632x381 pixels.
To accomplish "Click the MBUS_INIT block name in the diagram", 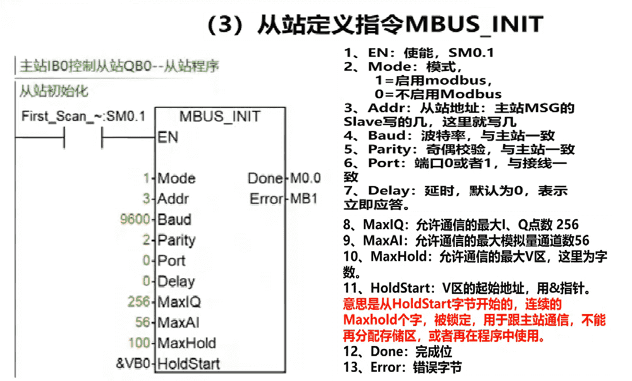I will tap(219, 117).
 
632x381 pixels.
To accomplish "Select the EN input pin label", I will tap(167, 137).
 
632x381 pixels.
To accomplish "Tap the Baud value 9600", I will tap(137, 220).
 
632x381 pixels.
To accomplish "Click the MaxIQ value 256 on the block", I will tap(138, 302).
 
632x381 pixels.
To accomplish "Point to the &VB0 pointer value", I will tap(134, 363).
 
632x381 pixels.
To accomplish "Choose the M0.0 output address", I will tap(305, 178).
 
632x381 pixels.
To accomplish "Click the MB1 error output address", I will tap(304, 199).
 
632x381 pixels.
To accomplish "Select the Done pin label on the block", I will tap(265, 178).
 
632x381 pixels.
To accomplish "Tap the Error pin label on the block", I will tap(266, 199).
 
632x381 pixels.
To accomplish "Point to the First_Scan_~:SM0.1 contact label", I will tap(83, 117).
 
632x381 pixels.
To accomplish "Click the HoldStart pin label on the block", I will tap(188, 363).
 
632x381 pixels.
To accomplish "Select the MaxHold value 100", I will tap(138, 343).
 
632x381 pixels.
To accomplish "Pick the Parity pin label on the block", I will tap(176, 240).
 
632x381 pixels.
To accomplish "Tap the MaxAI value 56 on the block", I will tap(142, 323).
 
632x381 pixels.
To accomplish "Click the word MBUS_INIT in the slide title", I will tap(473, 24).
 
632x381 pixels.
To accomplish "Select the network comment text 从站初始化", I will tap(54, 90).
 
